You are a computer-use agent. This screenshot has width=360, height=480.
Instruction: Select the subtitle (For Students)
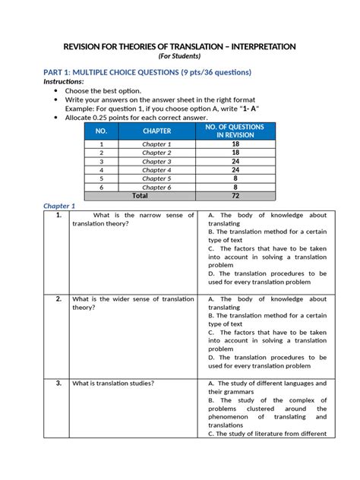tap(179, 56)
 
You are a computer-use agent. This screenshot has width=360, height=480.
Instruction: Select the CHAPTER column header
tap(157, 131)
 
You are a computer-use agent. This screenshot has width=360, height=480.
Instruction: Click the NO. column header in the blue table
tap(101, 131)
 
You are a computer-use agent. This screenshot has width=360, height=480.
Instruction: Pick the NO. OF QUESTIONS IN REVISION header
tap(235, 131)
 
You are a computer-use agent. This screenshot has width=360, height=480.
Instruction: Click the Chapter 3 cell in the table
tap(157, 161)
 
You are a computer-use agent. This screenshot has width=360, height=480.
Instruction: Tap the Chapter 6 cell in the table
tap(157, 187)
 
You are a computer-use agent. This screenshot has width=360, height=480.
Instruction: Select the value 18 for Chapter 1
tap(235, 144)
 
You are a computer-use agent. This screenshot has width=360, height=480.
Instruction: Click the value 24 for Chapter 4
tap(235, 169)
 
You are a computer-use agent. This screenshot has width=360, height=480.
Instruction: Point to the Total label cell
tap(140, 195)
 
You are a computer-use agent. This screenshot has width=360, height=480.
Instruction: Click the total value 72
tap(235, 195)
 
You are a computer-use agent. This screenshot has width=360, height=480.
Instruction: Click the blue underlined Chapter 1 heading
tap(59, 206)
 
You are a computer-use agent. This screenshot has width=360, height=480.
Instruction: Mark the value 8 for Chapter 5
tap(235, 178)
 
